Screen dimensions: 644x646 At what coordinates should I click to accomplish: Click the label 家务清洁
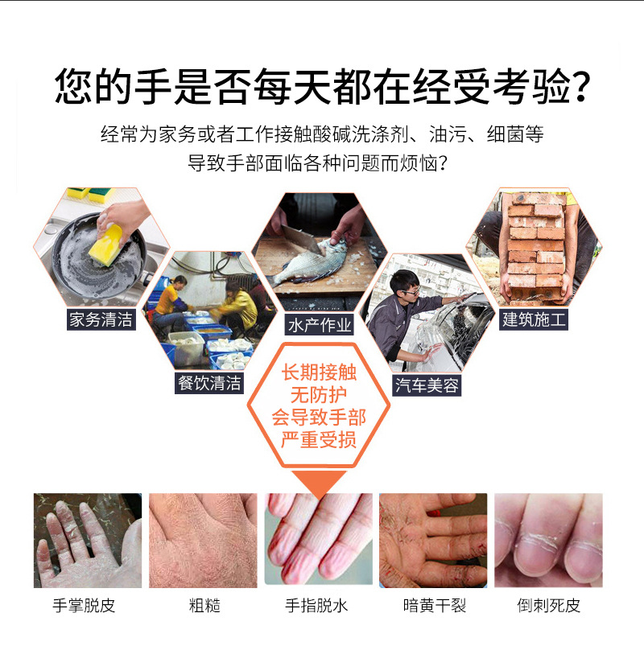(101, 319)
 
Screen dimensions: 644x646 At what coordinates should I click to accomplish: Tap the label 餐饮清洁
(209, 383)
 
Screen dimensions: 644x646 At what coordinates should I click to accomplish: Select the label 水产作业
(320, 325)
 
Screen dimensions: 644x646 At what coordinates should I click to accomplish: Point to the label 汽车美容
(427, 385)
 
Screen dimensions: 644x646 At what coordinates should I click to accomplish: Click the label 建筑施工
(534, 319)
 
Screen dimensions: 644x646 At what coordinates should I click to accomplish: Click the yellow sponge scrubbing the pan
(106, 245)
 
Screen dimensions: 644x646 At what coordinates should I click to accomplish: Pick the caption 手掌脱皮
(84, 606)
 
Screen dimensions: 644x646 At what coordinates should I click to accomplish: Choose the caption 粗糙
(204, 606)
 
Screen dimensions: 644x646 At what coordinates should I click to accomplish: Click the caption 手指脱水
(316, 606)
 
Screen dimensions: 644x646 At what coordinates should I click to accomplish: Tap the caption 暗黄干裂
(435, 606)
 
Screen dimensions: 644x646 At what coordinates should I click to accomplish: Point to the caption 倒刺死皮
(549, 606)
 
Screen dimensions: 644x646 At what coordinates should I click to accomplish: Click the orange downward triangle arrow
(319, 483)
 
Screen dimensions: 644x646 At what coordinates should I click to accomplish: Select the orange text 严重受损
(318, 440)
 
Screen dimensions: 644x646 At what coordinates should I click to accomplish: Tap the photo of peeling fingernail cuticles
(548, 540)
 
